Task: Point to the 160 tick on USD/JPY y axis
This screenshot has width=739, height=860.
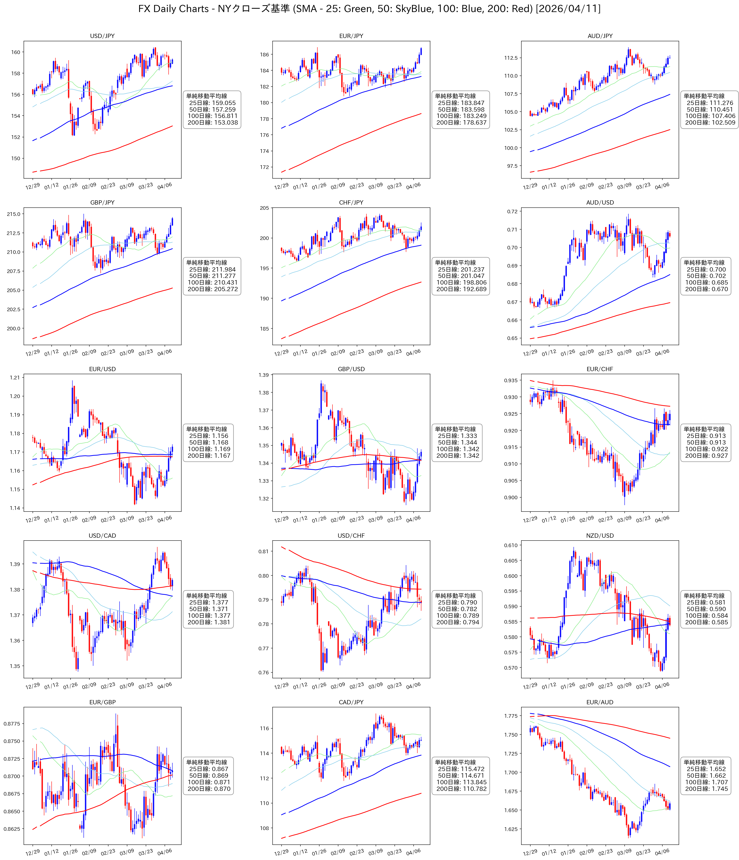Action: point(15,52)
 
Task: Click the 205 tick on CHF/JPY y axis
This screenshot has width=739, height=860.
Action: point(264,208)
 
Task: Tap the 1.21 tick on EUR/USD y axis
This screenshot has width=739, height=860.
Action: point(15,378)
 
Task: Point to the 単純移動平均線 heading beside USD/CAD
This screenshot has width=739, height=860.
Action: point(207,596)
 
